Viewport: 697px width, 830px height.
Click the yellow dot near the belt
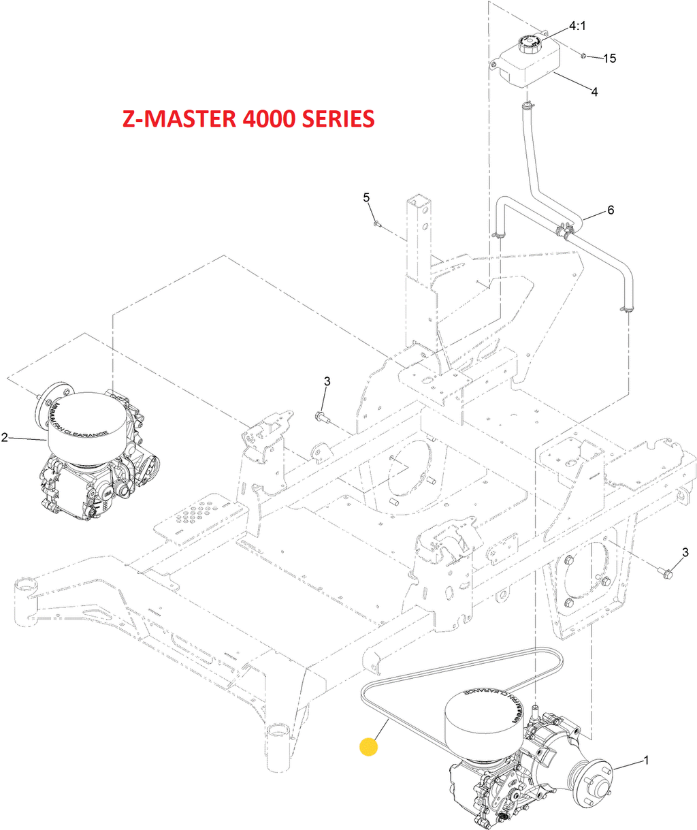tap(368, 746)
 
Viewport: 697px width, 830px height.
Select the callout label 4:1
tap(577, 27)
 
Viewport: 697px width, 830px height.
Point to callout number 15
tap(609, 59)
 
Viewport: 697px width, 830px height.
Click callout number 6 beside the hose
tap(611, 210)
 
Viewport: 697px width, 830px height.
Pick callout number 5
tap(366, 197)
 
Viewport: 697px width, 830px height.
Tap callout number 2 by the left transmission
tap(5, 437)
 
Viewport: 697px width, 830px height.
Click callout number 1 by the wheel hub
tap(646, 760)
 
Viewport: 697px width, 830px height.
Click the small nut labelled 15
tap(584, 54)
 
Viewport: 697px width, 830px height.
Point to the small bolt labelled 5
tap(376, 223)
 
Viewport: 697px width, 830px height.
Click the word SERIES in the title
tap(336, 118)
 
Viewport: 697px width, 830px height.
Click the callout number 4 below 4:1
tap(594, 91)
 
